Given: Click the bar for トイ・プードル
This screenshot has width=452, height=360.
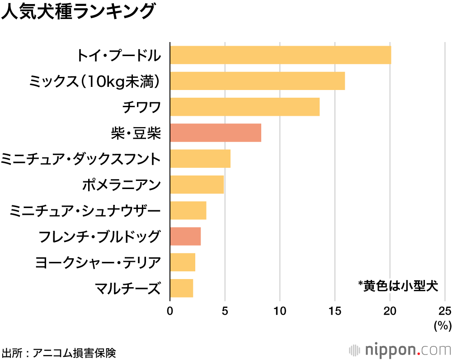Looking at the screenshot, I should coord(280,55).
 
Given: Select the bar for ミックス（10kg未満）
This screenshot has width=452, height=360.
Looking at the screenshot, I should coord(257,81).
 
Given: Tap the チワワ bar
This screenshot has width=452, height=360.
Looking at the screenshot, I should coord(245,107).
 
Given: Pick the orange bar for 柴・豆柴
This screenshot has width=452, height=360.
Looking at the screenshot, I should coord(215,133).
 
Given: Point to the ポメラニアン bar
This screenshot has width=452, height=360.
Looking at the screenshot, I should coord(197,185).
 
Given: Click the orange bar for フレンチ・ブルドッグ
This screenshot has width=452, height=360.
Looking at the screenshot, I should coord(185,237).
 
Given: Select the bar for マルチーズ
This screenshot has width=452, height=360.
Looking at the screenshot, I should coord(181,288).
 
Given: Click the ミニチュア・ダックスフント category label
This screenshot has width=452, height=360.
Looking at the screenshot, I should coord(81,159).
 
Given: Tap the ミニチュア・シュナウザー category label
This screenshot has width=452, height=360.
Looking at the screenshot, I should coord(85,211).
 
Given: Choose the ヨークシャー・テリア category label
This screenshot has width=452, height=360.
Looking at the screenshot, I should coord(98,262).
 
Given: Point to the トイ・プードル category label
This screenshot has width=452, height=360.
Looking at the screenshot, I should coord(118,56).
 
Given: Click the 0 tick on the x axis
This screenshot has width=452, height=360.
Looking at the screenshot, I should coord(170,311).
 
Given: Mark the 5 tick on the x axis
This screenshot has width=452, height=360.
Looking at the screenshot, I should coord(225,311).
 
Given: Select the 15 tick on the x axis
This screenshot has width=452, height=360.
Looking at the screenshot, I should coord(335,311).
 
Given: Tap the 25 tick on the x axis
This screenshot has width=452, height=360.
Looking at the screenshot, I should coord(445,311).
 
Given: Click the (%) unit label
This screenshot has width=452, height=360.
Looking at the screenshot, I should coord(443,325).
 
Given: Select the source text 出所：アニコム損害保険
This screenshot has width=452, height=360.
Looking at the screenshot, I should coord(59,352).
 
